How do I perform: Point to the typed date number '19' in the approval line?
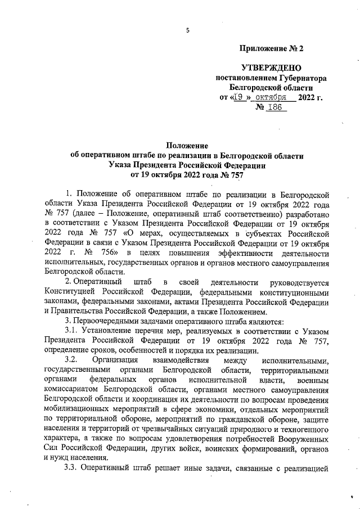(240, 97)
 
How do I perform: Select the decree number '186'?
(276, 107)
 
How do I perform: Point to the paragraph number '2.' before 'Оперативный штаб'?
(68, 281)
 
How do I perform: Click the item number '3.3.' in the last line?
(74, 485)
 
